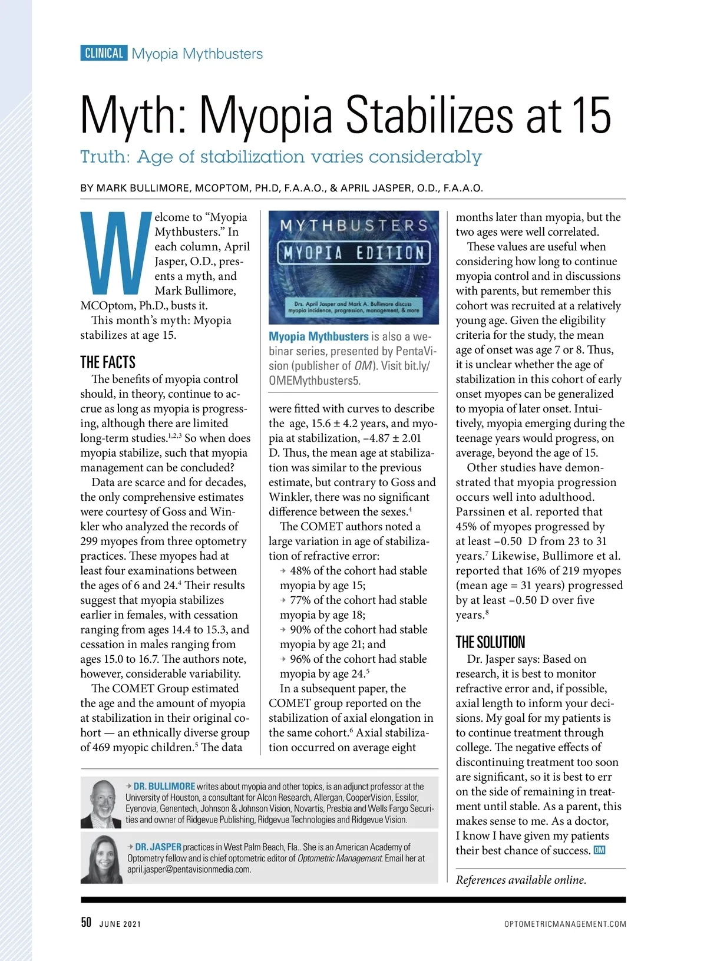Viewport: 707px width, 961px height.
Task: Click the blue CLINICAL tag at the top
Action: click(104, 53)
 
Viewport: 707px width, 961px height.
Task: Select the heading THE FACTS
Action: click(108, 362)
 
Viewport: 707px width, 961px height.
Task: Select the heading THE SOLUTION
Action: click(490, 642)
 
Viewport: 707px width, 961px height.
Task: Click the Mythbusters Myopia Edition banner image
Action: click(353, 267)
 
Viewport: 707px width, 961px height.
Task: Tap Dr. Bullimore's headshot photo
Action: click(101, 803)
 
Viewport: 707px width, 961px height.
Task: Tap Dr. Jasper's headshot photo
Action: click(101, 858)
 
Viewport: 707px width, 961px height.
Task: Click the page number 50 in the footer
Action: click(86, 922)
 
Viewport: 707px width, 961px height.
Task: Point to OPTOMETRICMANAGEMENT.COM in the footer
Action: click(565, 924)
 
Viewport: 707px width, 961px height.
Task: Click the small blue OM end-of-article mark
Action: click(599, 850)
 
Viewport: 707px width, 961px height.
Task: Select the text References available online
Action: click(521, 880)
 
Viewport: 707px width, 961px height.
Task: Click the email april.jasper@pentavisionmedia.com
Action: click(189, 869)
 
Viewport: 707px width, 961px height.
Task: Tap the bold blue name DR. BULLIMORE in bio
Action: click(164, 786)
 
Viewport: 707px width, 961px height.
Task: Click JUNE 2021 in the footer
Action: click(120, 924)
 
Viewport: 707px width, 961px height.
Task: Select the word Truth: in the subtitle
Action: click(105, 157)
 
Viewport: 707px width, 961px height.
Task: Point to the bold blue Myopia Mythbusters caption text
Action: click(318, 336)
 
